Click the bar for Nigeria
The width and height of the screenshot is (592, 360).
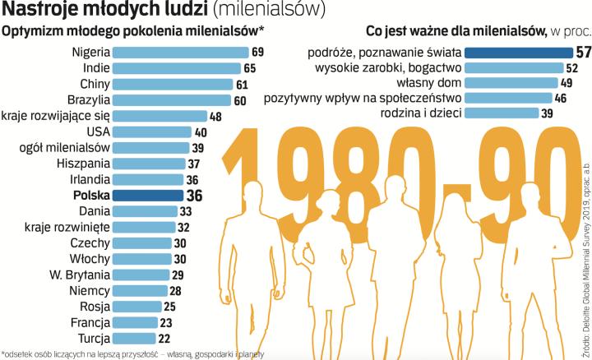point(179,53)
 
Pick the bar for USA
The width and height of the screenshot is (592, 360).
point(151,132)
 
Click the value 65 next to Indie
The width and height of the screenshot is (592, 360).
point(249,68)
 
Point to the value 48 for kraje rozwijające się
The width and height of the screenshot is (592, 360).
point(215,116)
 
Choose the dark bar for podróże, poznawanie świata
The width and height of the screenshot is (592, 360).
point(515,53)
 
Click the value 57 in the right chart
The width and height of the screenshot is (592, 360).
point(582,53)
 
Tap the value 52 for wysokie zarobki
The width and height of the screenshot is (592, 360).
point(571,68)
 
